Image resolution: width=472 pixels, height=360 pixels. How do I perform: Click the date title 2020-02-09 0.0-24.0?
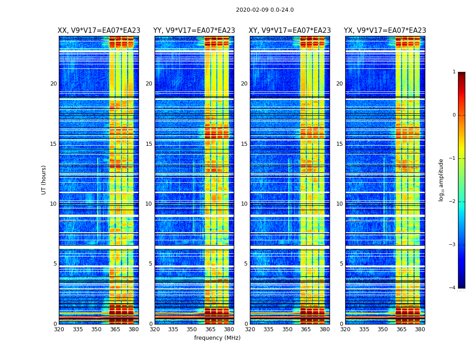(x=265, y=10)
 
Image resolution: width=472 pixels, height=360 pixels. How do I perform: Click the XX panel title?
(x=99, y=31)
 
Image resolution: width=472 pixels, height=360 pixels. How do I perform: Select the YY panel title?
(x=194, y=31)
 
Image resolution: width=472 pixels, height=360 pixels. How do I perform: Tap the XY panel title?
(x=289, y=31)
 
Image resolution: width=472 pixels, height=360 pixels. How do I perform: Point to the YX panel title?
(x=385, y=31)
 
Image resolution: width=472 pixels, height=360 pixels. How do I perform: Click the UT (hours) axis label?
(x=44, y=180)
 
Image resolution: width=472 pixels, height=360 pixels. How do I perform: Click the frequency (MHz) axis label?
(x=217, y=338)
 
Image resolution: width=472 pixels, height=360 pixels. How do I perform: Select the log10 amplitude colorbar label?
(x=441, y=180)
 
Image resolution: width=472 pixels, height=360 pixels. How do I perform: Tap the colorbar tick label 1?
(x=454, y=72)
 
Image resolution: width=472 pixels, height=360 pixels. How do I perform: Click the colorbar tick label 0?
(x=454, y=115)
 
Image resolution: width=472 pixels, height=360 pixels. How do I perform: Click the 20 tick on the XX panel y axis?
(x=53, y=84)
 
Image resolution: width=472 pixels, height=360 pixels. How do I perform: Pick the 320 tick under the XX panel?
(x=59, y=329)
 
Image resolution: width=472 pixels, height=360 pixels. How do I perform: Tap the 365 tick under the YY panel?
(x=210, y=329)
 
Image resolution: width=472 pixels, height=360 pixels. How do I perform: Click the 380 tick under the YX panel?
(x=420, y=329)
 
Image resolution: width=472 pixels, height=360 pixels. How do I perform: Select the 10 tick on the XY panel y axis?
(x=244, y=204)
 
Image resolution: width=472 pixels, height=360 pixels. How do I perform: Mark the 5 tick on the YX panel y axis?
(x=341, y=264)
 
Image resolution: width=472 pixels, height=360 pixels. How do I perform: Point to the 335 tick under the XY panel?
(x=268, y=329)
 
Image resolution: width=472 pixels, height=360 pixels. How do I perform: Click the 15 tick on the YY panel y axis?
(x=149, y=144)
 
